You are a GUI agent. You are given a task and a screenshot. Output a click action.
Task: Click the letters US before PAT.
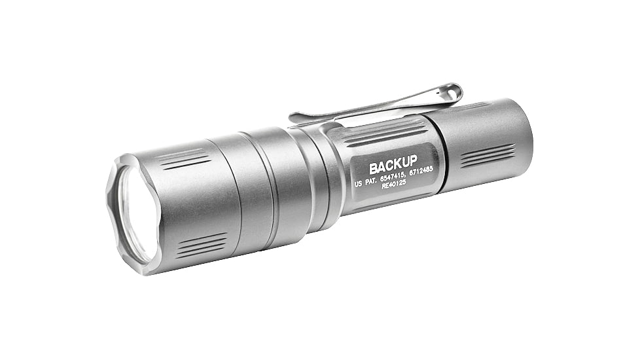pos(359,185)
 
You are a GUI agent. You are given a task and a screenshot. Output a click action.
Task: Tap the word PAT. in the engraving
pos(374,183)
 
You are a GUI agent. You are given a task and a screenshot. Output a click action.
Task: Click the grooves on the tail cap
pos(487,155)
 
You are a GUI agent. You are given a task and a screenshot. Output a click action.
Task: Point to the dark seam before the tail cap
pos(439,157)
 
